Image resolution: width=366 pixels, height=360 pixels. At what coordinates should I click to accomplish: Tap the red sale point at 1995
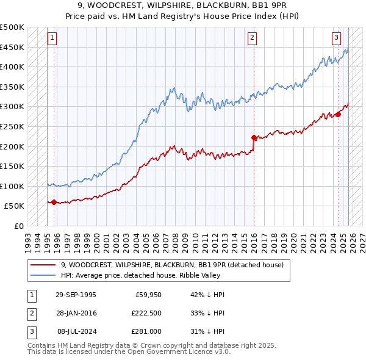54,202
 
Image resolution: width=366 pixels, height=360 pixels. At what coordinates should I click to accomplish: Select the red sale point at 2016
254,137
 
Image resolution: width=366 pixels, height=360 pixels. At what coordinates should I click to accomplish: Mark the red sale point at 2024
338,114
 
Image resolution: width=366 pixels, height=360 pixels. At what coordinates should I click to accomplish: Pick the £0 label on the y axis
18,226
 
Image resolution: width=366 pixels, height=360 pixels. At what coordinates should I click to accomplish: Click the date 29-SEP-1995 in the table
76,295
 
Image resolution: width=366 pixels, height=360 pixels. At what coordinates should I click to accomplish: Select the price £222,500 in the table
145,312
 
